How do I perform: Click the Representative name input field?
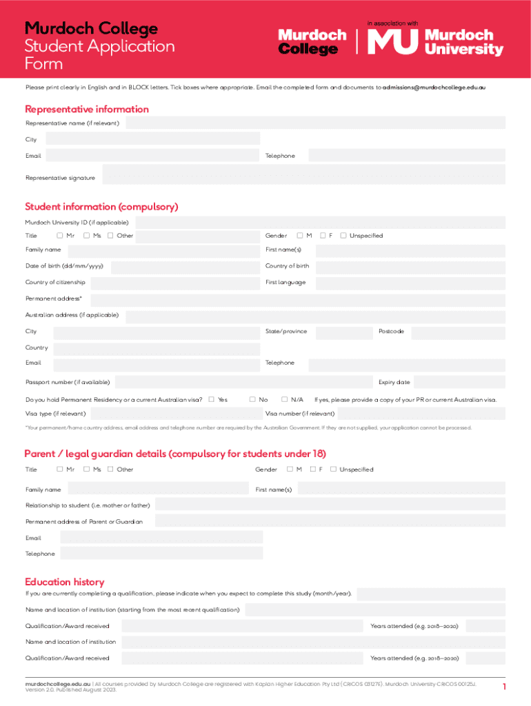[315, 123]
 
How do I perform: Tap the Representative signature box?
[303, 174]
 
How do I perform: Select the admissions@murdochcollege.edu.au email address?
[434, 88]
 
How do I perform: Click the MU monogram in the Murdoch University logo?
[392, 42]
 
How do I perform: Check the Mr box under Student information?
[60, 236]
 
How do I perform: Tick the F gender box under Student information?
[323, 236]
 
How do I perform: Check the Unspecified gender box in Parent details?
[334, 470]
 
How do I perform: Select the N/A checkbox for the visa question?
[284, 400]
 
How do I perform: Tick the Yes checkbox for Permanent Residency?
[211, 400]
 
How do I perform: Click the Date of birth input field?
[185, 266]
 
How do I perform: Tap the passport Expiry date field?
[459, 382]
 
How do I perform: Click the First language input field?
[410, 283]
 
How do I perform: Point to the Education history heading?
[64, 582]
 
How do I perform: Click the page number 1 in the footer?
[504, 687]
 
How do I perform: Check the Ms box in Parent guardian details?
[87, 470]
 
